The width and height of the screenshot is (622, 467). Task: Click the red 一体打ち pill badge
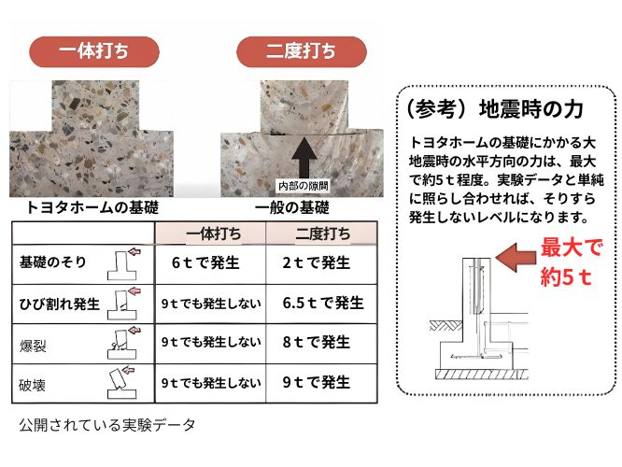[94, 51]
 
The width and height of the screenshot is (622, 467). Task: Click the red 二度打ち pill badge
[302, 51]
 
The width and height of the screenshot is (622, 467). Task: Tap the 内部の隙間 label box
[304, 185]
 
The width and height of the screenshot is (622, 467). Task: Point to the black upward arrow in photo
[304, 158]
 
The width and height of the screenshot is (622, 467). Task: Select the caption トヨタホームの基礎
[92, 207]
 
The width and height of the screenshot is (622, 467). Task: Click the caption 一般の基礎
[292, 207]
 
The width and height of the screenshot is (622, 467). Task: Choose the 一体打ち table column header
[211, 233]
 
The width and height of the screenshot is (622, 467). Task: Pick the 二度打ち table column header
[321, 233]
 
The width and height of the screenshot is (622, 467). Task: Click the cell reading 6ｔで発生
[205, 262]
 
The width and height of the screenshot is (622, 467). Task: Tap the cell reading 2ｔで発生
[317, 262]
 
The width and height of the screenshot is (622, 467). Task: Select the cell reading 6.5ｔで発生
[323, 304]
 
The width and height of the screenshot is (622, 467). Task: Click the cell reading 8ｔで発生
[317, 342]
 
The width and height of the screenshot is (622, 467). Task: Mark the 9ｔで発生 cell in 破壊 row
[317, 383]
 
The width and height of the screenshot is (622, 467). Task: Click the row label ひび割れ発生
[60, 304]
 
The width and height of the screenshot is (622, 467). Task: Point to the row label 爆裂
[33, 346]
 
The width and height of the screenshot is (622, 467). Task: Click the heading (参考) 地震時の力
[495, 109]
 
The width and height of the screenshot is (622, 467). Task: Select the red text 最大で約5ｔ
[572, 262]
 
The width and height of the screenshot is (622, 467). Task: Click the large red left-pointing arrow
[516, 257]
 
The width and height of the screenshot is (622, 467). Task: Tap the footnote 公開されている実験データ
[107, 425]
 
